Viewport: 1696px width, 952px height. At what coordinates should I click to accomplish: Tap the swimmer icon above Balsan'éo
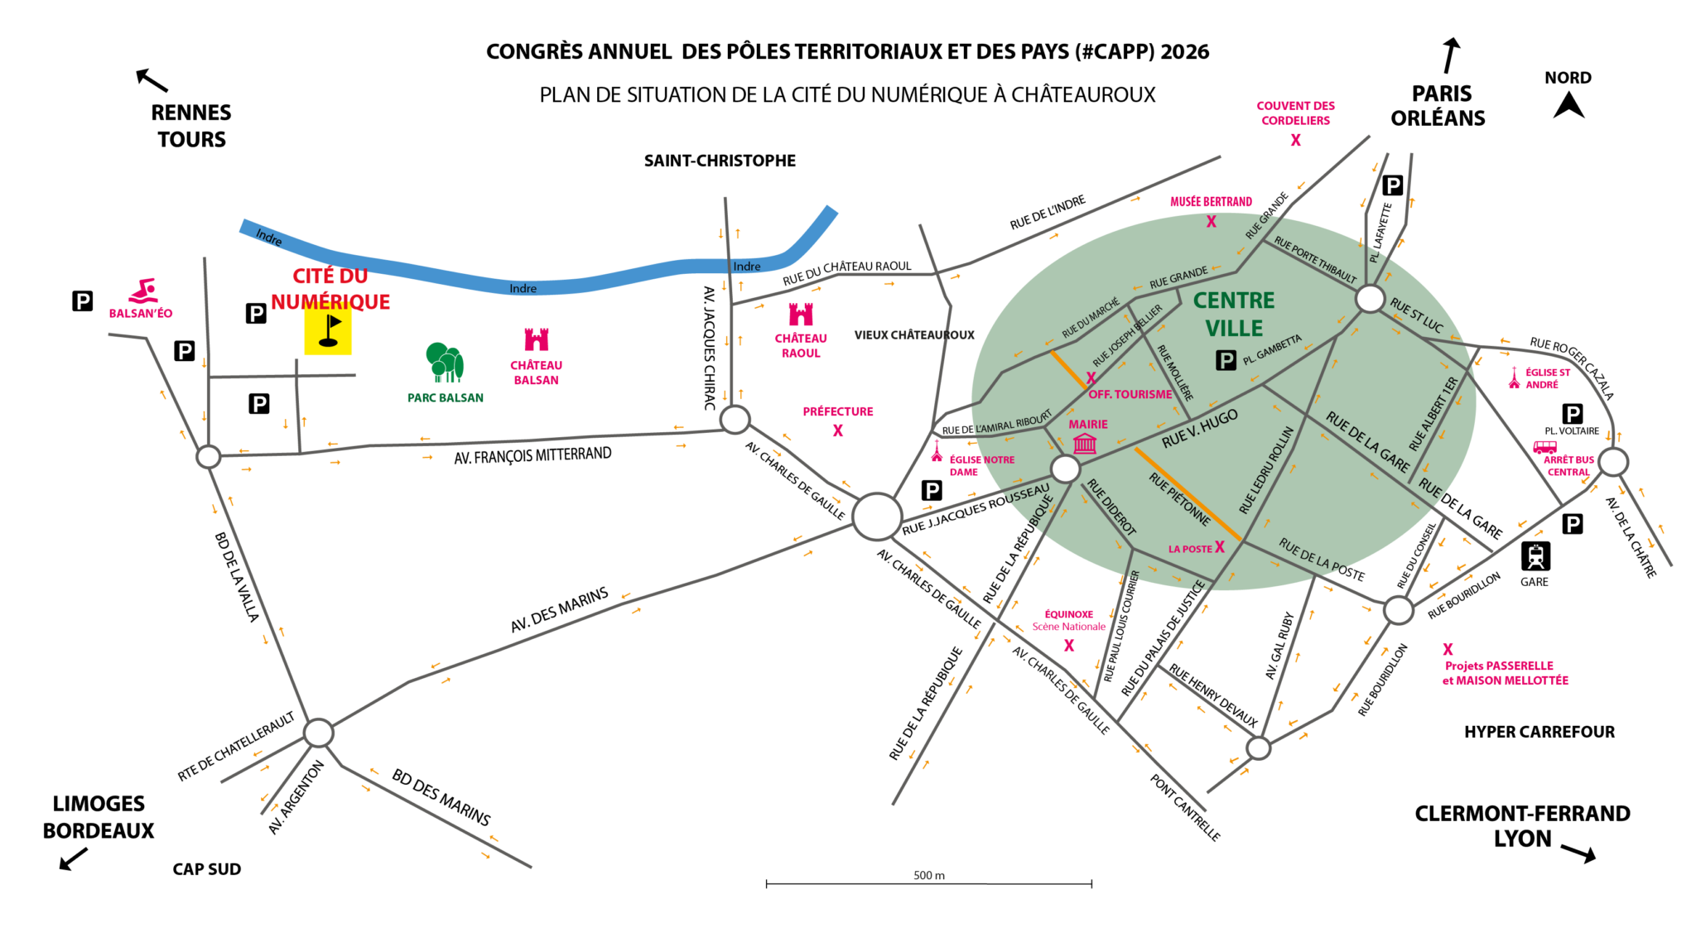pyautogui.click(x=143, y=291)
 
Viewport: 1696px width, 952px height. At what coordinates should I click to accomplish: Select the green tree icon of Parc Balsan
pyautogui.click(x=445, y=363)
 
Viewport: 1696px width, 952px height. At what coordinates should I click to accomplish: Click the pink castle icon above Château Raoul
pyautogui.click(x=801, y=315)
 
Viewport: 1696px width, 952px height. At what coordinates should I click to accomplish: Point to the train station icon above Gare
pyautogui.click(x=1535, y=556)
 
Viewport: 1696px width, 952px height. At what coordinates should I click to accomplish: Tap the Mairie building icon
pyautogui.click(x=1085, y=444)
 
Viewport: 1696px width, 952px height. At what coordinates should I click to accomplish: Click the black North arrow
pyautogui.click(x=1568, y=105)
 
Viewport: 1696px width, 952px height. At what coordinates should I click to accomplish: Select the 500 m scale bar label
pyautogui.click(x=929, y=875)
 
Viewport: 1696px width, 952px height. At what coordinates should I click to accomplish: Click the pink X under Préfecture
pyautogui.click(x=838, y=430)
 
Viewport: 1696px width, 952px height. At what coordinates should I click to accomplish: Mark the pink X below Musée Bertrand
pyautogui.click(x=1211, y=221)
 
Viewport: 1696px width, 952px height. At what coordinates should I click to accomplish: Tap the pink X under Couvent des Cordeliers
pyautogui.click(x=1295, y=140)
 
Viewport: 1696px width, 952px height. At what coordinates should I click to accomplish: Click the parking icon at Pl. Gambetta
pyautogui.click(x=1226, y=360)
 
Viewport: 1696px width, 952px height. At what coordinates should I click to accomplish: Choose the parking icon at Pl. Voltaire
pyautogui.click(x=1572, y=413)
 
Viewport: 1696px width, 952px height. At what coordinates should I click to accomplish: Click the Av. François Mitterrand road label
pyautogui.click(x=532, y=455)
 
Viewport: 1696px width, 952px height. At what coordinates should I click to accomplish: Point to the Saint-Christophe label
pyautogui.click(x=720, y=161)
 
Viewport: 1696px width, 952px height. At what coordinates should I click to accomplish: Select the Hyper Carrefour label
pyautogui.click(x=1539, y=732)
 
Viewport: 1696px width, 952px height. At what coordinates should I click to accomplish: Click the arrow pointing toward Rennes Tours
pyautogui.click(x=152, y=79)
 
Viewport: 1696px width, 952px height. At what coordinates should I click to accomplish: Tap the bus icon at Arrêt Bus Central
pyautogui.click(x=1544, y=447)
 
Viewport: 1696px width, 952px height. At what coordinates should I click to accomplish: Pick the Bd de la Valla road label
pyautogui.click(x=237, y=577)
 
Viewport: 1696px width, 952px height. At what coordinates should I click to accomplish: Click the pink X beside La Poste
pyautogui.click(x=1219, y=546)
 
